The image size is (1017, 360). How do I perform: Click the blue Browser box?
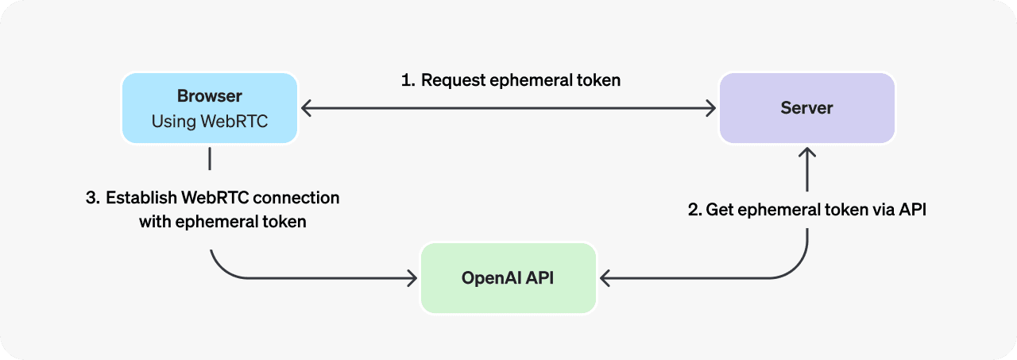(x=210, y=108)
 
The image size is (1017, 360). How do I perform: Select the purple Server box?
(x=807, y=108)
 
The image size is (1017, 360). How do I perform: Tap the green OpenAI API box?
(x=508, y=278)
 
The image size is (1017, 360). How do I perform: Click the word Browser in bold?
(x=210, y=96)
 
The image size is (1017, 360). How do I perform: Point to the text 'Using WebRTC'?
(x=210, y=122)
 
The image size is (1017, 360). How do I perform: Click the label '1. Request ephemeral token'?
(x=511, y=80)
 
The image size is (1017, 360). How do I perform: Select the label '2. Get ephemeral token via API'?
(x=807, y=211)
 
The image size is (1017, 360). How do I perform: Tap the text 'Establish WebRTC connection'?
(x=222, y=197)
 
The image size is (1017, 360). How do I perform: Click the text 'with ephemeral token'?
(x=222, y=222)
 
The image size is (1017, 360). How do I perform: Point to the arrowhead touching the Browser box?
(x=306, y=108)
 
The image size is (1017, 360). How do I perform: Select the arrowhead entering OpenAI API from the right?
(x=605, y=278)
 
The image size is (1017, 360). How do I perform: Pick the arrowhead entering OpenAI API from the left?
(x=412, y=278)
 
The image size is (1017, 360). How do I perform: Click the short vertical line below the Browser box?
(x=210, y=158)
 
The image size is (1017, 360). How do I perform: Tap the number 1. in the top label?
(x=408, y=80)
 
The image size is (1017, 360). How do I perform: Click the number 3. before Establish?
(x=92, y=197)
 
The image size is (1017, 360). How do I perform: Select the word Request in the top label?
(x=453, y=80)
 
